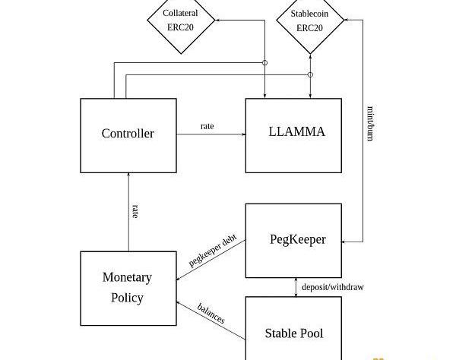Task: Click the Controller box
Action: tap(128, 134)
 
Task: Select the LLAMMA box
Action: tap(296, 134)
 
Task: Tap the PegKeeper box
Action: tap(296, 240)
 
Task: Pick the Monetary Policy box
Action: tap(128, 287)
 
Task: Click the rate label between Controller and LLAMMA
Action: tap(207, 125)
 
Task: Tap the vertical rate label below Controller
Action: tap(134, 211)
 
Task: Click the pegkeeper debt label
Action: tap(213, 248)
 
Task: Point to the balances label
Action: tap(211, 313)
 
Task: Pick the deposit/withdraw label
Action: tap(332, 287)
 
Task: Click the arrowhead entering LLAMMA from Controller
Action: tap(242, 134)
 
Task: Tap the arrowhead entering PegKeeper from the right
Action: tap(346, 242)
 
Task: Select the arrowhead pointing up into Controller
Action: tap(128, 175)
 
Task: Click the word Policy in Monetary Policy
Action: tap(128, 297)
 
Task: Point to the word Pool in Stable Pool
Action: tap(312, 333)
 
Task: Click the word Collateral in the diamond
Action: tap(180, 14)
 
